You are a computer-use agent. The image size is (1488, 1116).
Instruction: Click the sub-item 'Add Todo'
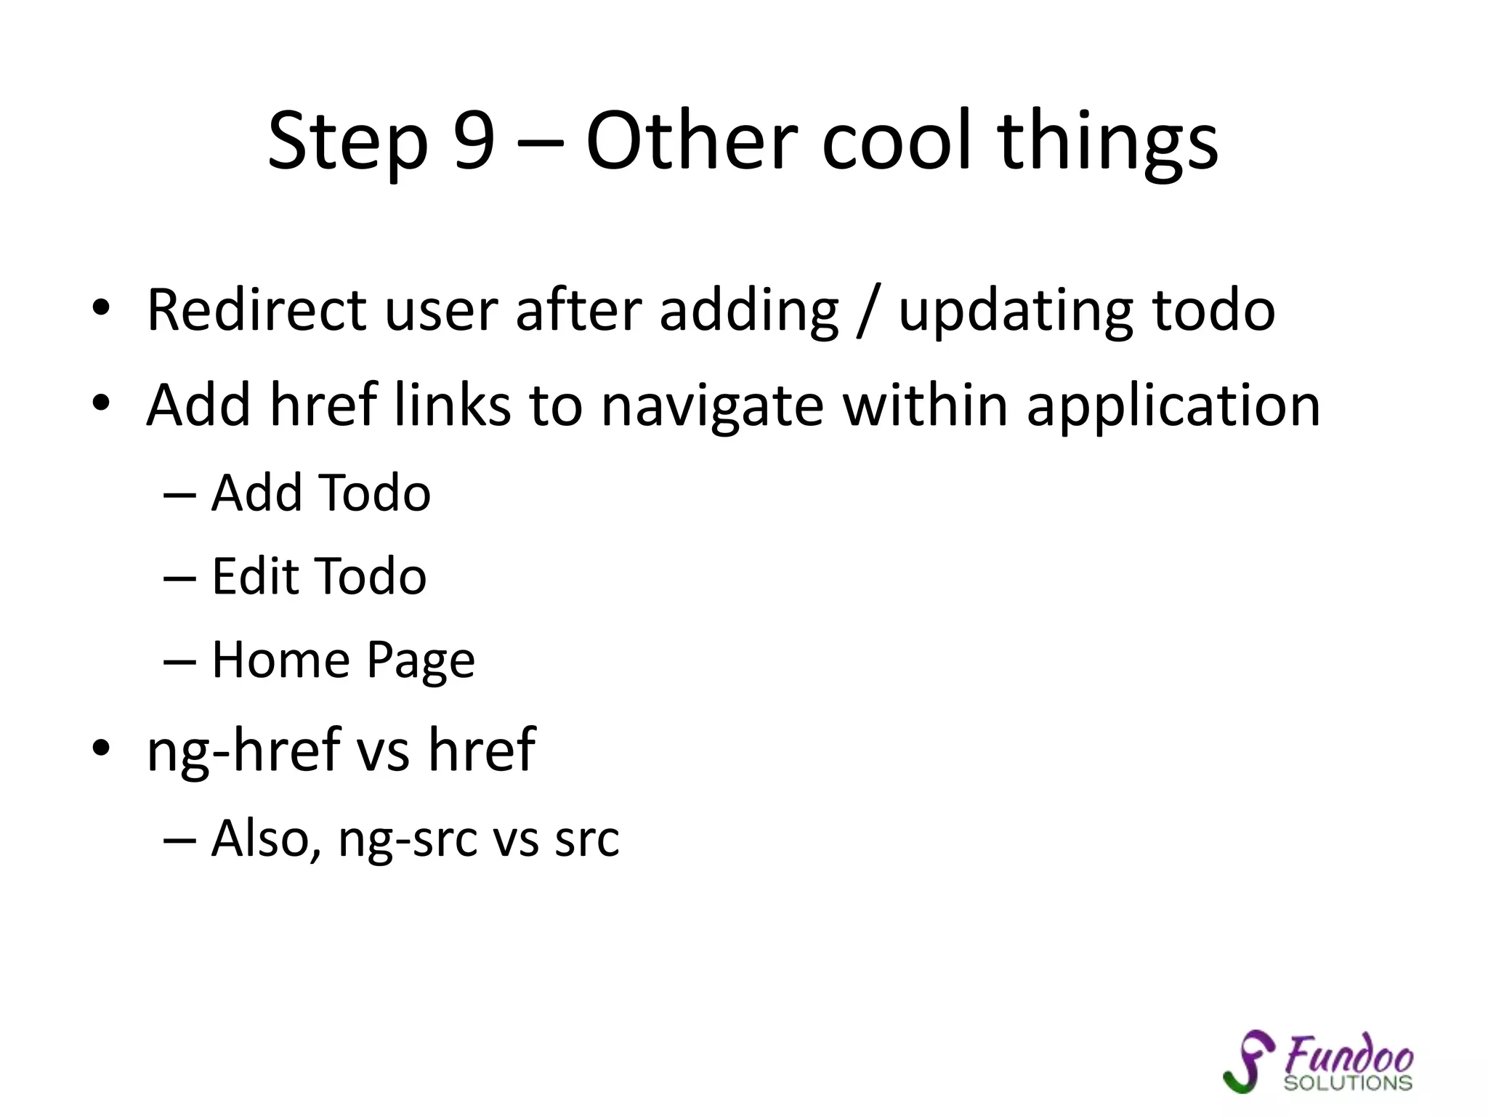320,493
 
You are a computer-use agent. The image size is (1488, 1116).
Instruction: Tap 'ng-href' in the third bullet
243,751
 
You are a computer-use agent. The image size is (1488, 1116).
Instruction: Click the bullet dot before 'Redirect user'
101,308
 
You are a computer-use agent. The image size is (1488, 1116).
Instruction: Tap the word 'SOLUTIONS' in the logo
1347,1083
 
